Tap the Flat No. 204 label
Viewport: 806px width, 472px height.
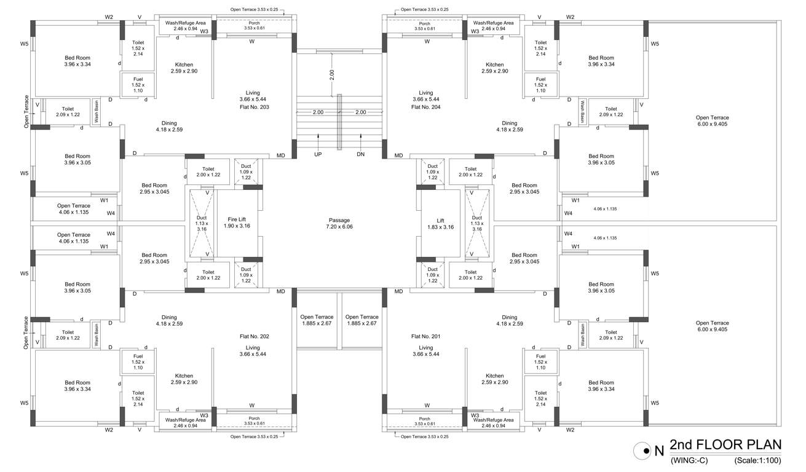[425, 107]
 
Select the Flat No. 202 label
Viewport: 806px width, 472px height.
[254, 336]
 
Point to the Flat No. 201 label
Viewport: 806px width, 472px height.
[426, 336]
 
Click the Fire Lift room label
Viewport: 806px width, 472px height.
[237, 222]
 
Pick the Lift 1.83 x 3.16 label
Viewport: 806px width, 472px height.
[440, 222]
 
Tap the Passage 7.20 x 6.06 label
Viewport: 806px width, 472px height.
[339, 223]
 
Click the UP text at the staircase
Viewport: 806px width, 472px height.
[318, 154]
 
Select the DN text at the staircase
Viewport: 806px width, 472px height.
[360, 154]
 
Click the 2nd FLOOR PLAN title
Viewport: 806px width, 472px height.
[725, 445]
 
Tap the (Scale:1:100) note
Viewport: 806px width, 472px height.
[757, 460]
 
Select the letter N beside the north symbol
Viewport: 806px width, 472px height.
[659, 450]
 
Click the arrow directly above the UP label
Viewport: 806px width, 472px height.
[318, 138]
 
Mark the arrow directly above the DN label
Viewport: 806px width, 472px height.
[360, 138]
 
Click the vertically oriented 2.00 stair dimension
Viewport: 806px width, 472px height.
[332, 75]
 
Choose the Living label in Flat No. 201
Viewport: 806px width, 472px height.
[426, 347]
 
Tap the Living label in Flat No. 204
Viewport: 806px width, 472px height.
[426, 93]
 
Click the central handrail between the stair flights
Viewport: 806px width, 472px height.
[339, 121]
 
